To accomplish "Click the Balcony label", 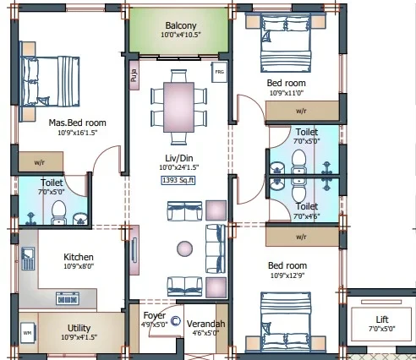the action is (x=181, y=25).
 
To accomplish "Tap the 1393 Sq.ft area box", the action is (x=178, y=180).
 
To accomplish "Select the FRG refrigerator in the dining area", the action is (x=219, y=72).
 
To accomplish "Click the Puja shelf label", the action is (x=134, y=75).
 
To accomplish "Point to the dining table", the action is (x=178, y=107).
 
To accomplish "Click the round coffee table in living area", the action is (x=184, y=248).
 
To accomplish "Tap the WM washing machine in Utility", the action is (x=28, y=333).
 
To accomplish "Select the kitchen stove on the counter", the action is (x=68, y=298).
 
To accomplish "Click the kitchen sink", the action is (x=28, y=259).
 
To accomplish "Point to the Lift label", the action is (x=382, y=319).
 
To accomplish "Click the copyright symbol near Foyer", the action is (x=175, y=321).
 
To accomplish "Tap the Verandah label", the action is (x=205, y=324).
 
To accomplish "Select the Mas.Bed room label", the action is (x=77, y=123).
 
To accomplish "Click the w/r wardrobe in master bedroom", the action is (x=41, y=161).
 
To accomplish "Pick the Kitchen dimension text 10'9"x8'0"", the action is (x=79, y=266).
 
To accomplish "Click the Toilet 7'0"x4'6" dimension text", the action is (x=307, y=216).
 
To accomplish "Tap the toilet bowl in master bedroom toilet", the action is (x=59, y=212).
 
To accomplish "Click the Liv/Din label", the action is (x=179, y=158).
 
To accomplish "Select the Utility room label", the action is (x=79, y=328).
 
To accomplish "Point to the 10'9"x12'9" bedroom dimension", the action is (x=287, y=275).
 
